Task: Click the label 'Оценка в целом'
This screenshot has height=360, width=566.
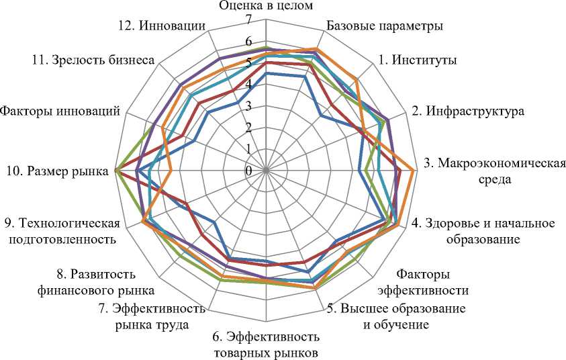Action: pos(266,7)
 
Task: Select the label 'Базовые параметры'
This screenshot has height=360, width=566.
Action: pos(384,27)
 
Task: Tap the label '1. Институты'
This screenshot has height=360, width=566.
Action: pos(418,60)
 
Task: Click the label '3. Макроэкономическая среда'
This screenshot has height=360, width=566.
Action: pos(496,171)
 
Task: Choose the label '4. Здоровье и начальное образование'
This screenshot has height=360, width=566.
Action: pos(483,231)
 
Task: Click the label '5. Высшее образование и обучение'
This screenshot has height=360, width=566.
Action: pos(396,317)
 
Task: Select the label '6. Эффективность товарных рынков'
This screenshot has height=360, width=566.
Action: pos(266,345)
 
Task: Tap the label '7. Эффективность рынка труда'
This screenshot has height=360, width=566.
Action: pos(150,317)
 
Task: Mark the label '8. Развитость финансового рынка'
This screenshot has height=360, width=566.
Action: pos(106,282)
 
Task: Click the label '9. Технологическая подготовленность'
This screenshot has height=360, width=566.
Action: pos(62,231)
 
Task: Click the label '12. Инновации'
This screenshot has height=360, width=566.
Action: pos(159,27)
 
